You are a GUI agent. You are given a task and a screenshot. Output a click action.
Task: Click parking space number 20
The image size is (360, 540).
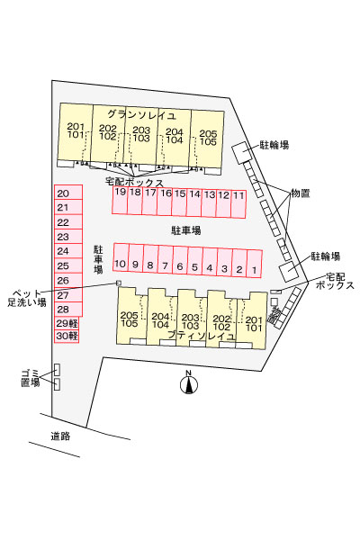point(68,193)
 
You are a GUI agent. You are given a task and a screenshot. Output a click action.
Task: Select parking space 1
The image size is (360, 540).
point(255,264)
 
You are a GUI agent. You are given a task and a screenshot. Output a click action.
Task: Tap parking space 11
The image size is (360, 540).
point(238,204)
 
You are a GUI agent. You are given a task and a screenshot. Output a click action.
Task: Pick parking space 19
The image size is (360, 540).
point(120,201)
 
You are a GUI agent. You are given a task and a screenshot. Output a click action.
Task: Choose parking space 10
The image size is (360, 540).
point(121,257)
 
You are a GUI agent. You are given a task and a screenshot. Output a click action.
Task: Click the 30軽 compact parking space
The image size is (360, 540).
point(67,336)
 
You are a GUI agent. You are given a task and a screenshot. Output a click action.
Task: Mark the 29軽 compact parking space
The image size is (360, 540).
point(67,323)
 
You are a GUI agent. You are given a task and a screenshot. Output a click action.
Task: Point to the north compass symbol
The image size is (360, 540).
point(189,382)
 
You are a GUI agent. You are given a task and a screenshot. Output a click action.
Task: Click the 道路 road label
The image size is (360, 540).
point(60,436)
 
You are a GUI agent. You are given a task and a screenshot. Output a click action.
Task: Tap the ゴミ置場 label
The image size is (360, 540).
point(31,378)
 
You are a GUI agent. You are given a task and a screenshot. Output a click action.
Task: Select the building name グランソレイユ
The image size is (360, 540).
point(141,114)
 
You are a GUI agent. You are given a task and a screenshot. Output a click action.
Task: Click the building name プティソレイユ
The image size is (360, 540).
point(202,335)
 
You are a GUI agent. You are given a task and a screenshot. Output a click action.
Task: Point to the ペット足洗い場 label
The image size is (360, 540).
point(27,298)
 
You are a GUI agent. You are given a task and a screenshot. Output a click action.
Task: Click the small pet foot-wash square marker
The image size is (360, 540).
point(119,283)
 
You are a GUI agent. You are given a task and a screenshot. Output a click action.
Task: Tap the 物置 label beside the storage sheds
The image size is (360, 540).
point(301,193)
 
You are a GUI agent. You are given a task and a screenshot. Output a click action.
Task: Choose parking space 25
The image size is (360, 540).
point(68,265)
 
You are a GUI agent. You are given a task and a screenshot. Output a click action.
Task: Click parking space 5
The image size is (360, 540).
point(195,261)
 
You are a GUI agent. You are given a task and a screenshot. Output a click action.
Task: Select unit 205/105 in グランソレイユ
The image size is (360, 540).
point(208,139)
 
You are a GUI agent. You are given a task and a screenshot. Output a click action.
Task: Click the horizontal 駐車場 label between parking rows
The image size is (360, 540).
point(186,230)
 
